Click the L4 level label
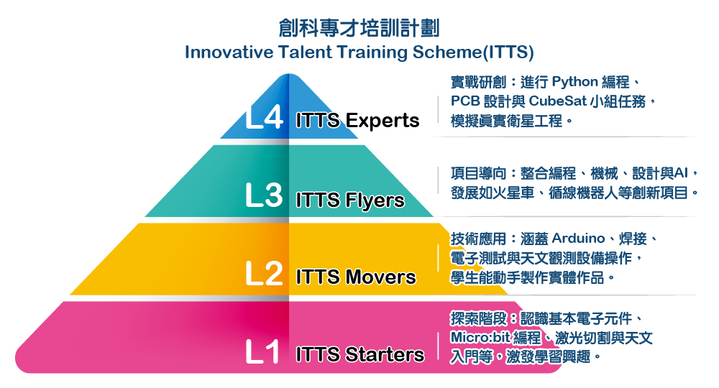[x=264, y=118]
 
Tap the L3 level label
[x=264, y=195]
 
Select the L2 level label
[x=264, y=274]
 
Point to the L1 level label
[x=262, y=352]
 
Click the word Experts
[x=383, y=121]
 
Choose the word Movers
[x=380, y=277]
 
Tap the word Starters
[x=385, y=354]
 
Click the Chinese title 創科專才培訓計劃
[x=359, y=28]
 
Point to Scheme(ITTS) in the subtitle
[x=473, y=52]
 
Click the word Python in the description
[x=574, y=83]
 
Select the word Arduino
[x=578, y=239]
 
